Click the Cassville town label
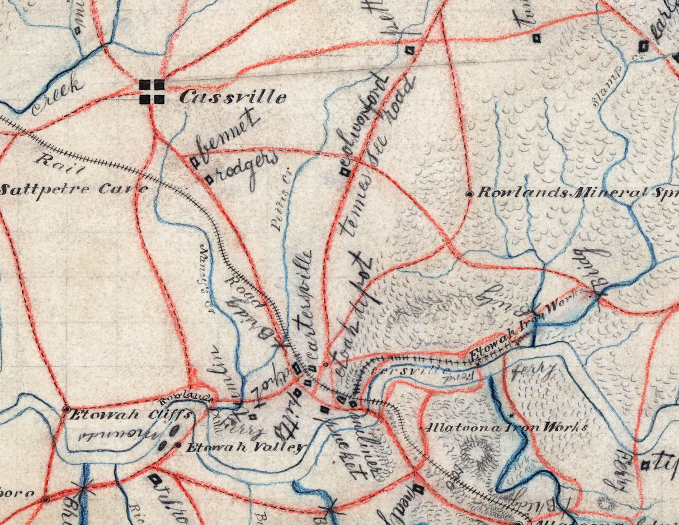click(233, 97)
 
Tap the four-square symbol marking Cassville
click(152, 92)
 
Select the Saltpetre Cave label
click(74, 190)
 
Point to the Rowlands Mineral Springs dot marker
click(469, 193)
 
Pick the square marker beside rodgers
click(209, 179)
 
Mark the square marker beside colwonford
click(345, 172)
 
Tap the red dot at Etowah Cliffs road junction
click(66, 409)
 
